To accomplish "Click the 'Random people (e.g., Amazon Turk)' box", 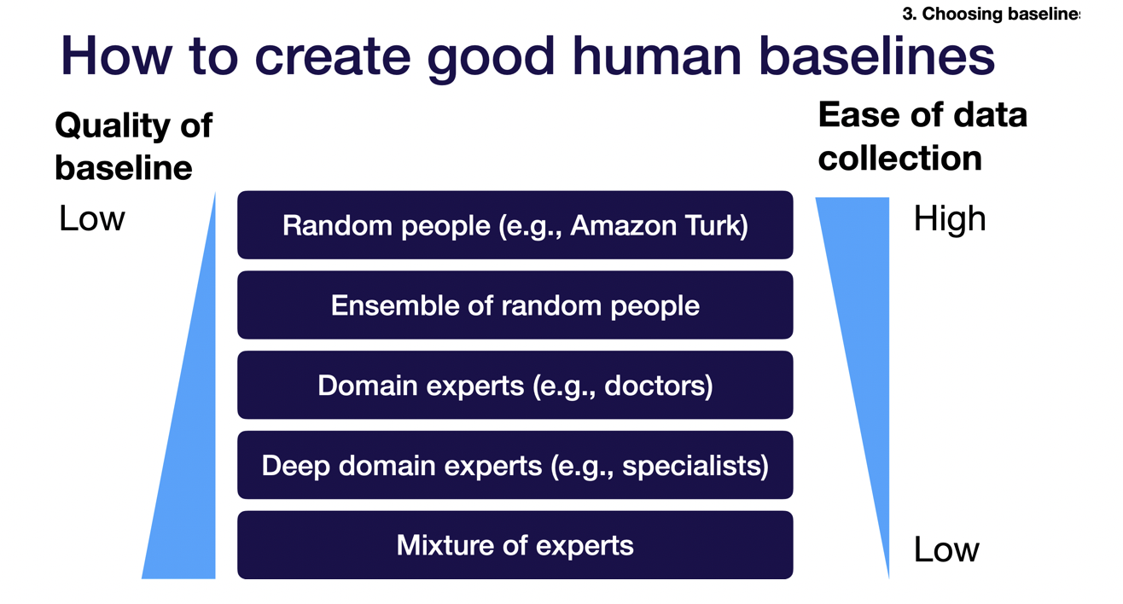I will [x=515, y=225].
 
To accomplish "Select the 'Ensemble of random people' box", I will [x=515, y=305].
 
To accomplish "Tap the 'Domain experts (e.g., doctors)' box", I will [x=515, y=386].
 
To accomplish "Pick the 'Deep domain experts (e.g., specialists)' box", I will [x=515, y=466].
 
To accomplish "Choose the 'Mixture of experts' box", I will [x=515, y=545].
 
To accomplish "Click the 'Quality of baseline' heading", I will [x=133, y=146].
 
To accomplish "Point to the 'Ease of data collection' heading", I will [x=922, y=136].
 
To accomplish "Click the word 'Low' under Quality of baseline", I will [x=91, y=219].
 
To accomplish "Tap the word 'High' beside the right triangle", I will [x=949, y=219].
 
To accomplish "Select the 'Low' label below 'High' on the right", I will [x=946, y=549].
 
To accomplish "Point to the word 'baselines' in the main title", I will [x=876, y=56].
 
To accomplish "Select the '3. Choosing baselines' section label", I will [x=990, y=14].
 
